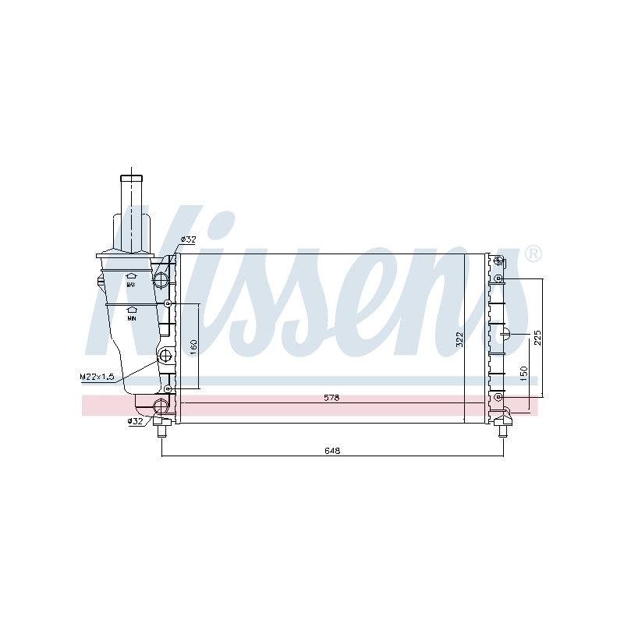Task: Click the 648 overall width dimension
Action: pyautogui.click(x=332, y=451)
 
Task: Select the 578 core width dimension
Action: pyautogui.click(x=331, y=398)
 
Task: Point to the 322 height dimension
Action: pyautogui.click(x=459, y=339)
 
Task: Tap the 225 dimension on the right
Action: pyautogui.click(x=537, y=338)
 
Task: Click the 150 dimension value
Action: pyautogui.click(x=523, y=374)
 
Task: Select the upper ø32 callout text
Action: pyautogui.click(x=188, y=239)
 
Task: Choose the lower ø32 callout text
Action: pyautogui.click(x=135, y=421)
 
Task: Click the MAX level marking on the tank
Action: pyautogui.click(x=131, y=285)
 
